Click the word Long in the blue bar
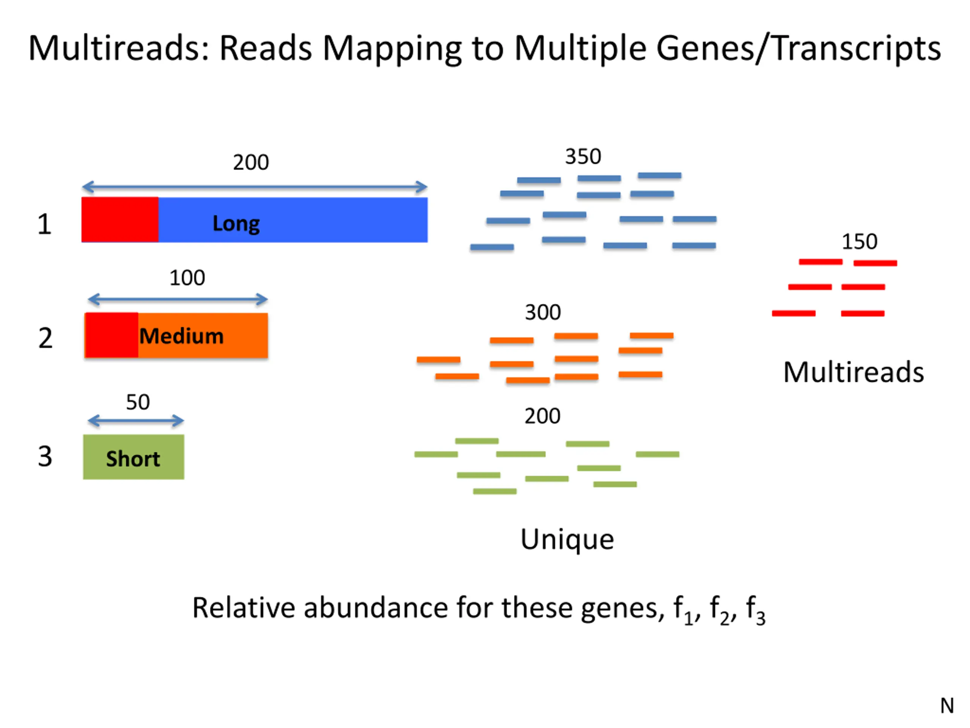(x=236, y=224)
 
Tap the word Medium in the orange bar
(x=181, y=336)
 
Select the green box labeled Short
(x=133, y=457)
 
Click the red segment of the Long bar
(x=120, y=220)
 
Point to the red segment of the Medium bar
(x=111, y=335)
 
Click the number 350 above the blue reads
(x=583, y=157)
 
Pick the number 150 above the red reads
(x=859, y=242)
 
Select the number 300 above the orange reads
(x=543, y=312)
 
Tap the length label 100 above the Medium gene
(x=187, y=278)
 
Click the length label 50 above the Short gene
(x=138, y=402)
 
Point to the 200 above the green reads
(x=543, y=416)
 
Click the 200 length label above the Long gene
(x=251, y=162)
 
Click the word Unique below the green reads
(x=567, y=540)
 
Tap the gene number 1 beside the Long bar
(x=44, y=224)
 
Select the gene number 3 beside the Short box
(x=45, y=457)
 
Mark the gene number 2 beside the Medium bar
(x=45, y=338)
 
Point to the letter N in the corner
(x=947, y=706)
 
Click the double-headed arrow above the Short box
(x=136, y=421)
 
